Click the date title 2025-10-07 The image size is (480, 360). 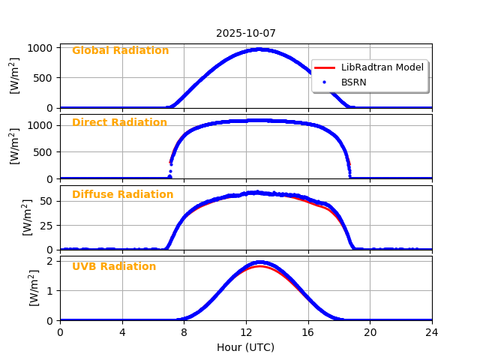246,33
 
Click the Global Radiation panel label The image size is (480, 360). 120,51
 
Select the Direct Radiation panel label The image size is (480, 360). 119,123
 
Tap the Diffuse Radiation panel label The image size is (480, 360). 122,195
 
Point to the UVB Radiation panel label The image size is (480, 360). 114,267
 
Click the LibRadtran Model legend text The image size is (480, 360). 382,67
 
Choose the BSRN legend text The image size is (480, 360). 353,82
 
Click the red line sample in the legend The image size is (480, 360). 325,67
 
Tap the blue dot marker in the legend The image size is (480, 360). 325,82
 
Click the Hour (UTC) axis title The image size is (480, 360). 246,347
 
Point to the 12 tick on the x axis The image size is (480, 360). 246,332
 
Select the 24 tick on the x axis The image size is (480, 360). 432,332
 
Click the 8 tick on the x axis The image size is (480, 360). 184,332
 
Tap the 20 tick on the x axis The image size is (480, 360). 370,332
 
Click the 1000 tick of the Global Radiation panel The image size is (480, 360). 42,48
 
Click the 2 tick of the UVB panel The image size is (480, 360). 52,261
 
